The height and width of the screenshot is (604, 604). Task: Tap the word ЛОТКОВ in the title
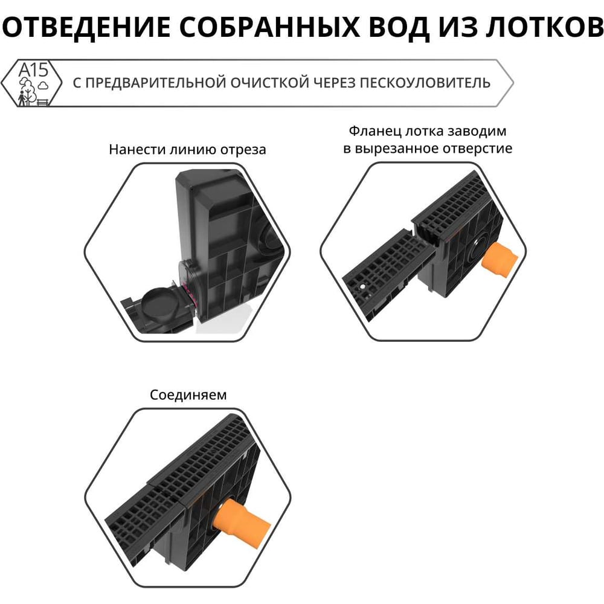pyautogui.click(x=544, y=27)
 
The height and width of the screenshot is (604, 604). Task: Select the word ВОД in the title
pyautogui.click(x=399, y=27)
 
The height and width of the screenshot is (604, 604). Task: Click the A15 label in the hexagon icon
pyautogui.click(x=33, y=70)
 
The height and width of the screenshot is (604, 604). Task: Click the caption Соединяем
pyautogui.click(x=188, y=395)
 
